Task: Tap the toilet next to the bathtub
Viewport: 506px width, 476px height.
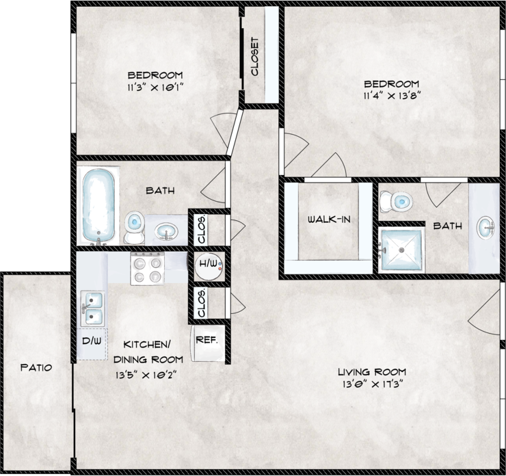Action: click(x=134, y=227)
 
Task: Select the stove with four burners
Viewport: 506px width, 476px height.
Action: click(x=148, y=267)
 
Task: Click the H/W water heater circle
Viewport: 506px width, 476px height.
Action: click(x=208, y=264)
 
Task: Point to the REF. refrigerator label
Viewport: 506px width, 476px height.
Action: click(x=207, y=340)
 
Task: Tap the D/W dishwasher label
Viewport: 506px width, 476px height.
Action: click(x=91, y=340)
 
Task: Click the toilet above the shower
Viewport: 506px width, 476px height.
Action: click(x=397, y=201)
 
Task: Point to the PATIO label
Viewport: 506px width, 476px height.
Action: click(x=36, y=367)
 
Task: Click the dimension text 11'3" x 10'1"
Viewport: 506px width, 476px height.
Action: click(x=155, y=88)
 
